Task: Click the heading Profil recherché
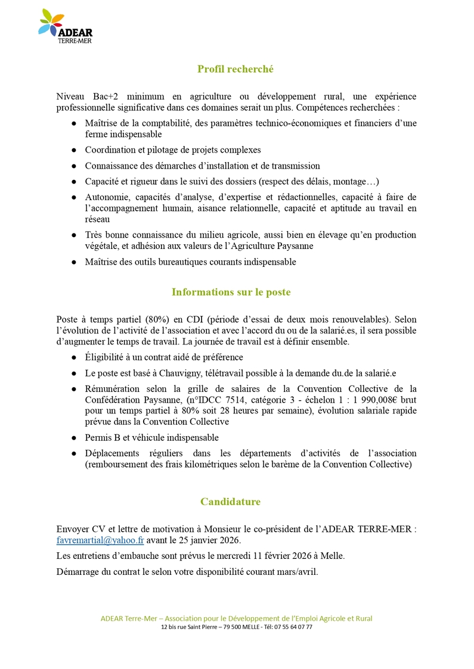[x=236, y=69]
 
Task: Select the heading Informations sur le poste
[x=231, y=292]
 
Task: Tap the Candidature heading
[x=230, y=502]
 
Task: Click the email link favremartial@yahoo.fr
[x=100, y=540]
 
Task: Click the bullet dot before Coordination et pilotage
[x=73, y=150]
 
